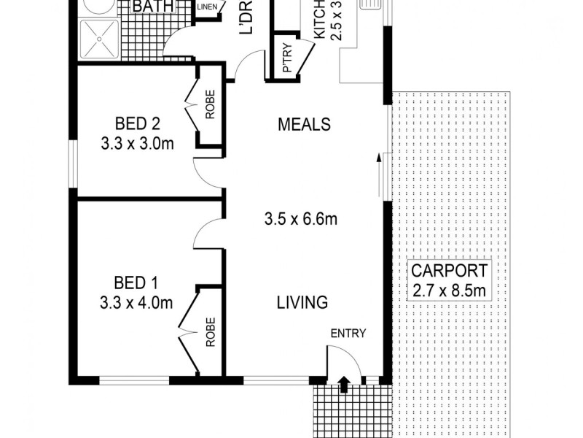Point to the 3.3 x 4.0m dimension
(137, 302)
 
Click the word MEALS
(304, 124)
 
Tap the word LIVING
(302, 302)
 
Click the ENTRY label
(348, 334)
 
